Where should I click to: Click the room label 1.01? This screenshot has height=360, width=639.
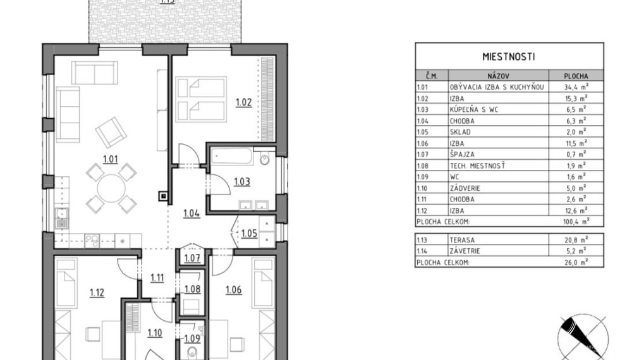[x=111, y=159]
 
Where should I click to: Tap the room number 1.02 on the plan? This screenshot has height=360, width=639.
[x=244, y=102]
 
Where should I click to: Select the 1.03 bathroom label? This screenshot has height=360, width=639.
[x=242, y=182]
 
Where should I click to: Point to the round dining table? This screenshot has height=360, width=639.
[x=111, y=188]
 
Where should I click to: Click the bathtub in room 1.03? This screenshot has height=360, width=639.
[x=233, y=157]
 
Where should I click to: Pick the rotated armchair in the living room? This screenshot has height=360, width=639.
[x=111, y=133]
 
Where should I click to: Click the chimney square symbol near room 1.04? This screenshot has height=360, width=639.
[x=163, y=196]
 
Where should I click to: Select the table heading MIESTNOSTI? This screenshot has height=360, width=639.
[x=509, y=57]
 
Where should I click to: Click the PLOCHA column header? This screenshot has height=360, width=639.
[x=576, y=76]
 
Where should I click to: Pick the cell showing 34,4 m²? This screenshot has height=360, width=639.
[x=576, y=87]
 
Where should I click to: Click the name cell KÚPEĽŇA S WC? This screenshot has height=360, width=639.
[x=473, y=109]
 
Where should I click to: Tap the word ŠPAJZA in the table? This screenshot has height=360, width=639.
[x=462, y=154]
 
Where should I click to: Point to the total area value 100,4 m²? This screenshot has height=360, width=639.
[x=576, y=222]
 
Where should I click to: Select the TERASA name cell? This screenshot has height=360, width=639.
[x=462, y=240]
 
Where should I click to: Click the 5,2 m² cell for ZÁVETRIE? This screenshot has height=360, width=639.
[x=576, y=251]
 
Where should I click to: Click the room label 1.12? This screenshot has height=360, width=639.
[x=97, y=293]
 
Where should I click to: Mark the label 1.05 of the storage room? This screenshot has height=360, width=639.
[x=249, y=234]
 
